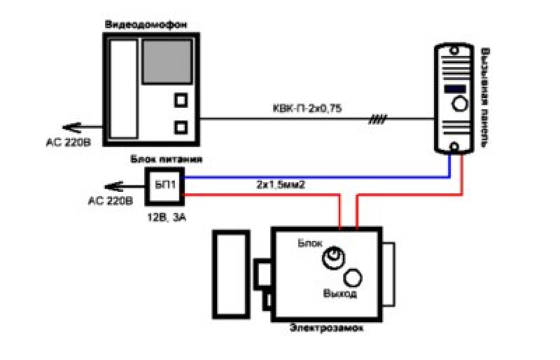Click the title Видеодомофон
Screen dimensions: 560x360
tap(146, 25)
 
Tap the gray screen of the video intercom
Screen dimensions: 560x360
tap(167, 62)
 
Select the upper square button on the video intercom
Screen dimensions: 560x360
tap(181, 100)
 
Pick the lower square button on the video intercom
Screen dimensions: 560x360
tap(181, 127)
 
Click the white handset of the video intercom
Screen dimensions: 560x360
tap(124, 89)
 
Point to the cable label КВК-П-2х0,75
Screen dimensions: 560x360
tap(307, 109)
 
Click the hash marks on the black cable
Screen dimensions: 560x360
tap(377, 119)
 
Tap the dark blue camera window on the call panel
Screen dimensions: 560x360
tap(454, 89)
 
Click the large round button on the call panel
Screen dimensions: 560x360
tap(460, 104)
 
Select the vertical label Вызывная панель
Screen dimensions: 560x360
tap(484, 98)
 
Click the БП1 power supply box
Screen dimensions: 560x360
tap(164, 186)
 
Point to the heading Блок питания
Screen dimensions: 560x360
tap(167, 159)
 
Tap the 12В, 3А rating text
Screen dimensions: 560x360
tap(167, 217)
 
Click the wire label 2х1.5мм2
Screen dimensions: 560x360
tap(281, 185)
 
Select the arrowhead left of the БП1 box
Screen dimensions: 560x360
tap(113, 186)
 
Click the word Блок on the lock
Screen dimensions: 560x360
tap(310, 243)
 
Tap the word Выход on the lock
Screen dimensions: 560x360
tap(339, 294)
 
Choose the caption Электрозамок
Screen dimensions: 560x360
tap(326, 328)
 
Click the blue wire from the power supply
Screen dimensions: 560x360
tap(317, 177)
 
